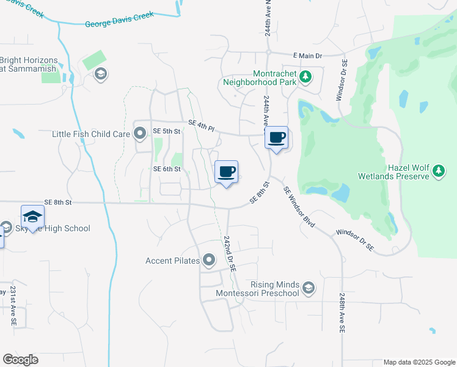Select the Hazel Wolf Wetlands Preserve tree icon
click(x=439, y=172)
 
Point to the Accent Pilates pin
click(x=209, y=261)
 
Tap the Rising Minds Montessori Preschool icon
click(x=309, y=287)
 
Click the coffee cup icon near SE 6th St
click(x=227, y=172)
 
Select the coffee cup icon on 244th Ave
click(x=277, y=137)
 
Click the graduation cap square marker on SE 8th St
click(x=32, y=217)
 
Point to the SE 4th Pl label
click(x=202, y=125)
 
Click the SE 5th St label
click(x=167, y=132)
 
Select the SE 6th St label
click(x=167, y=169)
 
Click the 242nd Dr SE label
click(x=230, y=253)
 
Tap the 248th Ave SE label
click(x=342, y=312)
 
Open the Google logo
click(x=20, y=360)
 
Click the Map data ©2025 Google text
click(x=419, y=362)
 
